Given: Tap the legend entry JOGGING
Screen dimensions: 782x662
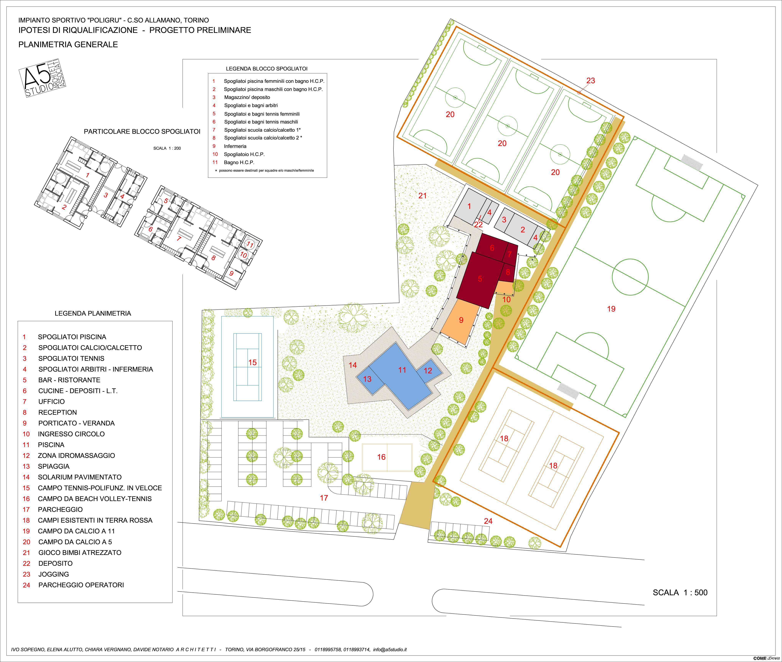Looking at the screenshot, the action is (x=54, y=574).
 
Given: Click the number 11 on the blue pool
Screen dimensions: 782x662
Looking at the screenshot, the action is (x=402, y=370).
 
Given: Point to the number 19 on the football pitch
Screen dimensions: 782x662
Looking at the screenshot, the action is (x=611, y=309).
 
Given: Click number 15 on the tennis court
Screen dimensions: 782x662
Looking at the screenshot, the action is (x=252, y=363).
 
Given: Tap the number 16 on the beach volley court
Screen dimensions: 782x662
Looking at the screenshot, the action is (x=381, y=457).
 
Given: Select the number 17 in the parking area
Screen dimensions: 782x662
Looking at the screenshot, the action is (x=324, y=498).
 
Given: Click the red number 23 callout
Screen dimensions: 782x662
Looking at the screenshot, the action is (x=591, y=81).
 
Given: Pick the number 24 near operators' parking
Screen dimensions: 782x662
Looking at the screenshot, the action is (x=488, y=521).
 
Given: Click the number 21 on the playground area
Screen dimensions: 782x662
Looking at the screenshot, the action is (x=423, y=196).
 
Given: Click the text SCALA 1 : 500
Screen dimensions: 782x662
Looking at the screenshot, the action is (x=680, y=593).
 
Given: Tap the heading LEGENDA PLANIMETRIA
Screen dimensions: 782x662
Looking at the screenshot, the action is (x=93, y=313).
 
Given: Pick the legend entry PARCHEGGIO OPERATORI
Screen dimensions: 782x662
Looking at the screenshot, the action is (x=81, y=585).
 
